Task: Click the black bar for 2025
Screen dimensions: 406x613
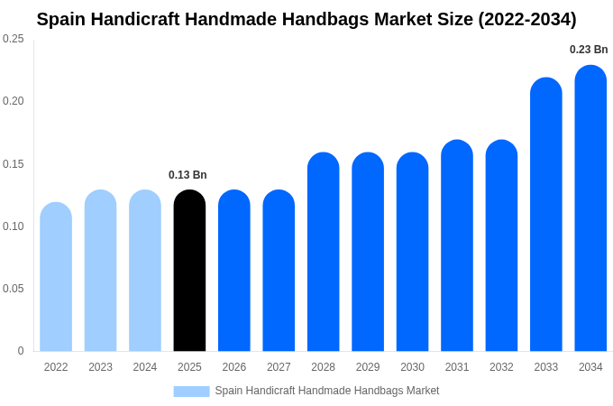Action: (189, 271)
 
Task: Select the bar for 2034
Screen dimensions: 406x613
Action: (590, 208)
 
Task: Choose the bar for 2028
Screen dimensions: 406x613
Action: (323, 252)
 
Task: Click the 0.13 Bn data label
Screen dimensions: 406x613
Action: (188, 175)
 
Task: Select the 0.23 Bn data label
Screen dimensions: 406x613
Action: (589, 50)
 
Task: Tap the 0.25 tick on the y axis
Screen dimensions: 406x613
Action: (14, 39)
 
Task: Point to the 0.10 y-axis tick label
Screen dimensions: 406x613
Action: (14, 226)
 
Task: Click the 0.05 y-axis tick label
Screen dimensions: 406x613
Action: (14, 289)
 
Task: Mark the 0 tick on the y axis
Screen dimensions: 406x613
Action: (21, 351)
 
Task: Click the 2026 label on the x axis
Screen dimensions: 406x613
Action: (234, 367)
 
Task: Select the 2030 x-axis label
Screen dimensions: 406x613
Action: (412, 367)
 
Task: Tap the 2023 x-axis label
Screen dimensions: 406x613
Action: (100, 367)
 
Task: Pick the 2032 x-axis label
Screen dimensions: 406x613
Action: (501, 367)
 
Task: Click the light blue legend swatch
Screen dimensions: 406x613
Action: (191, 392)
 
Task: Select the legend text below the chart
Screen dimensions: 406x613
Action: (327, 391)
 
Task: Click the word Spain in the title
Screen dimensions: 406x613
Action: (61, 19)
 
